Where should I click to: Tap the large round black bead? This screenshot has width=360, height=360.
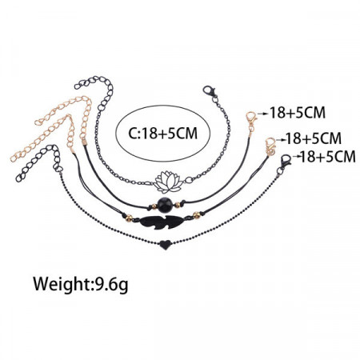[x=165, y=205]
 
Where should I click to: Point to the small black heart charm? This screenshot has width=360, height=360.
[x=166, y=244]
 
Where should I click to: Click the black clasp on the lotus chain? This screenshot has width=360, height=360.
[x=210, y=92]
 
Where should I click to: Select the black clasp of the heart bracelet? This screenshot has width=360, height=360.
[x=285, y=160]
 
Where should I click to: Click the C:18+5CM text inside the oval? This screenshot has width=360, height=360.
[x=163, y=133]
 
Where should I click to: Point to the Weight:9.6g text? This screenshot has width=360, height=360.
[x=80, y=285]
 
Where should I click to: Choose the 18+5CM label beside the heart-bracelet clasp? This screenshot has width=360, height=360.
[x=328, y=157]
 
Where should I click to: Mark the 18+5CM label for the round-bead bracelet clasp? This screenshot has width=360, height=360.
[x=298, y=113]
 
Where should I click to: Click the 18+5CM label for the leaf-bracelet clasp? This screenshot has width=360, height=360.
[x=314, y=138]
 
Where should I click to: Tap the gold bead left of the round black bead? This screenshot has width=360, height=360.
[x=154, y=206]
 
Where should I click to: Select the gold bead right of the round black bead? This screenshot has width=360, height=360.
[x=178, y=205]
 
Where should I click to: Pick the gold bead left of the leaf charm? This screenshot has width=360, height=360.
[x=129, y=218]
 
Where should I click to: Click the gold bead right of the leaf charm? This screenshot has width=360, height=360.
[x=197, y=214]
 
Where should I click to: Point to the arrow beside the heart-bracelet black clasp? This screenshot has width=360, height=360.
[x=296, y=157]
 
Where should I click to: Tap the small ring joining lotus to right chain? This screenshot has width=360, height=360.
[x=189, y=180]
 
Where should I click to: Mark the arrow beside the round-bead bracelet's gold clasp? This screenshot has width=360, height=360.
[x=264, y=114]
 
